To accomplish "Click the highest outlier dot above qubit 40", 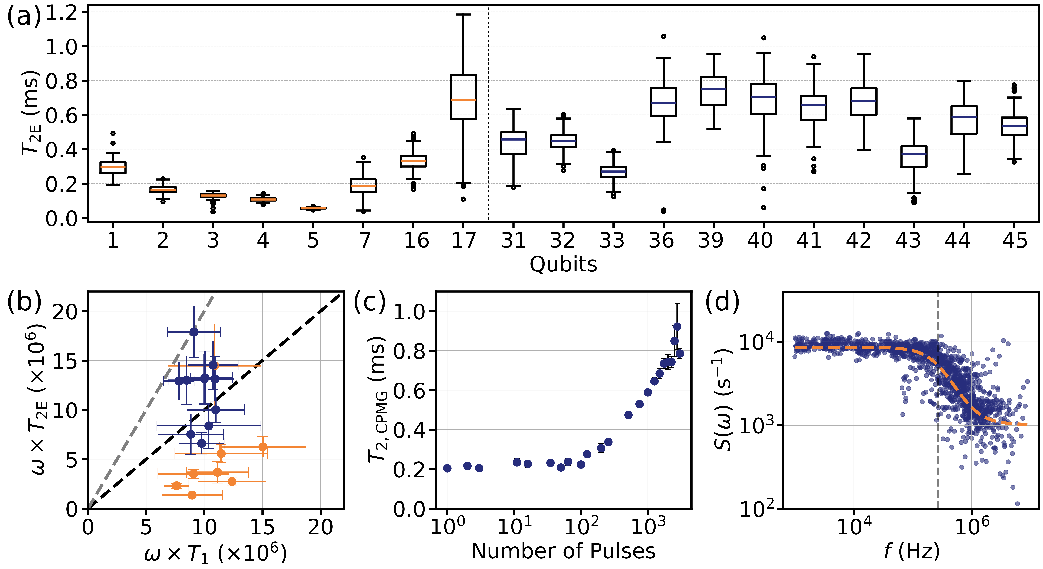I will [764, 38].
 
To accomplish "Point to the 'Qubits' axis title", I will [563, 264].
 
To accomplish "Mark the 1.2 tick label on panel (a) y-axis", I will [62, 13].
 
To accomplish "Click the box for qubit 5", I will [313, 208].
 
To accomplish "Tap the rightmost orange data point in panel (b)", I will [263, 447].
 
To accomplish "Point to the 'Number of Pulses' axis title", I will [563, 551].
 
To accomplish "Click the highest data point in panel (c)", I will [677, 327].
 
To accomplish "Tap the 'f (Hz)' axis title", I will [911, 551].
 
